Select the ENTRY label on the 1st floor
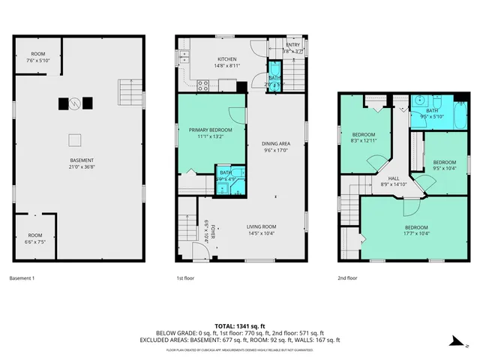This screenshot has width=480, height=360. point(292,44)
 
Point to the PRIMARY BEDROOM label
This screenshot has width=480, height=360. point(205,130)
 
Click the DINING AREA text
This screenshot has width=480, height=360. point(277,143)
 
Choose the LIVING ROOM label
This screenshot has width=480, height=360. point(262,226)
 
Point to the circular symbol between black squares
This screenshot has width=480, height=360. point(74,103)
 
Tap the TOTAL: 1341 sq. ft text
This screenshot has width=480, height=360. point(239,325)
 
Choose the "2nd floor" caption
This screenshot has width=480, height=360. point(348,278)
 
